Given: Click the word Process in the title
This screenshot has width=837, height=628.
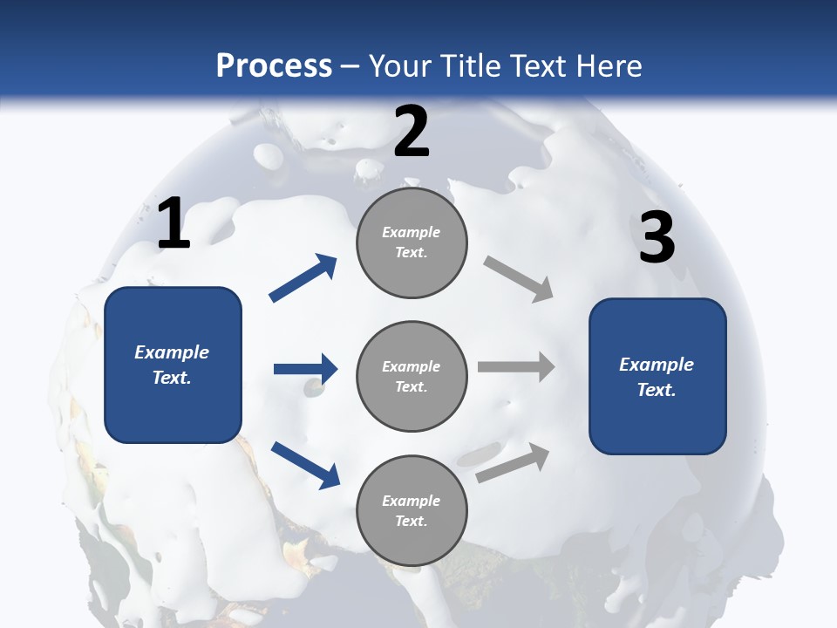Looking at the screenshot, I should point(274,66).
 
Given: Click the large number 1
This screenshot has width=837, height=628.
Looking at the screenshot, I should point(174,224).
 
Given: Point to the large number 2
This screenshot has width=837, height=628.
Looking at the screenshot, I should point(412,132).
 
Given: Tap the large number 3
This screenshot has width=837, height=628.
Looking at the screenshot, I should point(657,238).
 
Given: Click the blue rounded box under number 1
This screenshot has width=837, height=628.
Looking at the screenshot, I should point(173,365).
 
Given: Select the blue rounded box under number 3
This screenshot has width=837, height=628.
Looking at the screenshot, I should point(657,377).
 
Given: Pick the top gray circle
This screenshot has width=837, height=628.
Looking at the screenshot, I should point(412,242).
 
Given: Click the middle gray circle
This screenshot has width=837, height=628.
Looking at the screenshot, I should point(412,377).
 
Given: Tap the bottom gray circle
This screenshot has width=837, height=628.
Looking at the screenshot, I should point(412,511).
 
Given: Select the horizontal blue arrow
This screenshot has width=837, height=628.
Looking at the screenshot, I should point(306,369).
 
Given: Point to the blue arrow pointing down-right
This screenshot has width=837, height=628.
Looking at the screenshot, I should point(306,464).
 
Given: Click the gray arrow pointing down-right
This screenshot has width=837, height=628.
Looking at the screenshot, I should point(519,279).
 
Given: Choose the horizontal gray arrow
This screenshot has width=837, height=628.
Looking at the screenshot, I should point(516,367).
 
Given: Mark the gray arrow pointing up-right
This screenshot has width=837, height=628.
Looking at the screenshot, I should point(513,462).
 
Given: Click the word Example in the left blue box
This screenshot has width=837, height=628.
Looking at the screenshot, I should point(172,352).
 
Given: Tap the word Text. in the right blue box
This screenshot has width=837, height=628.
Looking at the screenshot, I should point(657,390).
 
